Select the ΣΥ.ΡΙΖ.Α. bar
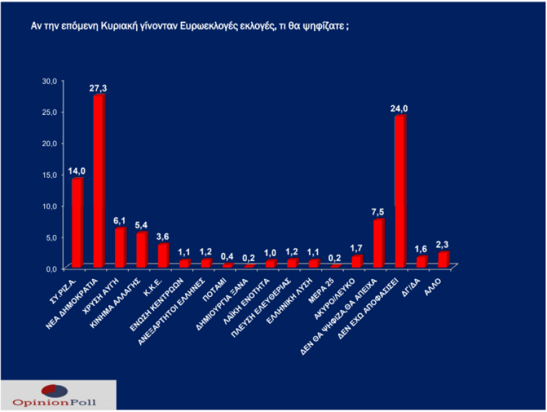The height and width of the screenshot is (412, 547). coord(77,223)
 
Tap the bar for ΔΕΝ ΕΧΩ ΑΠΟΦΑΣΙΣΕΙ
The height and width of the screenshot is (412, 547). coord(400,191)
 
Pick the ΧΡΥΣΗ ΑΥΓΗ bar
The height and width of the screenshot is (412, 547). coord(120,248)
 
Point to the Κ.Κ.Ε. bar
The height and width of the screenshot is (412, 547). coord(163,255)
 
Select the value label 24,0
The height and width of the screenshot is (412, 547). coord(400,109)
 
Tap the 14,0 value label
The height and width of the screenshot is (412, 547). coord(76,171)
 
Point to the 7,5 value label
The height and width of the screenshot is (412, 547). coord(378,212)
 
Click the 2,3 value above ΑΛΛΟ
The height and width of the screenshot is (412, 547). coord(443,244)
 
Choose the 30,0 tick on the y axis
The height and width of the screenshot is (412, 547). coord(49,81)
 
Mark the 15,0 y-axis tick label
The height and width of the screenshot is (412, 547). coord(49,175)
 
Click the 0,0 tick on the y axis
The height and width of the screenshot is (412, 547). coord(51,268)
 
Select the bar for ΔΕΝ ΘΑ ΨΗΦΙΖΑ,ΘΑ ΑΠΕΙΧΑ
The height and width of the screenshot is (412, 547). coord(378,244)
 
